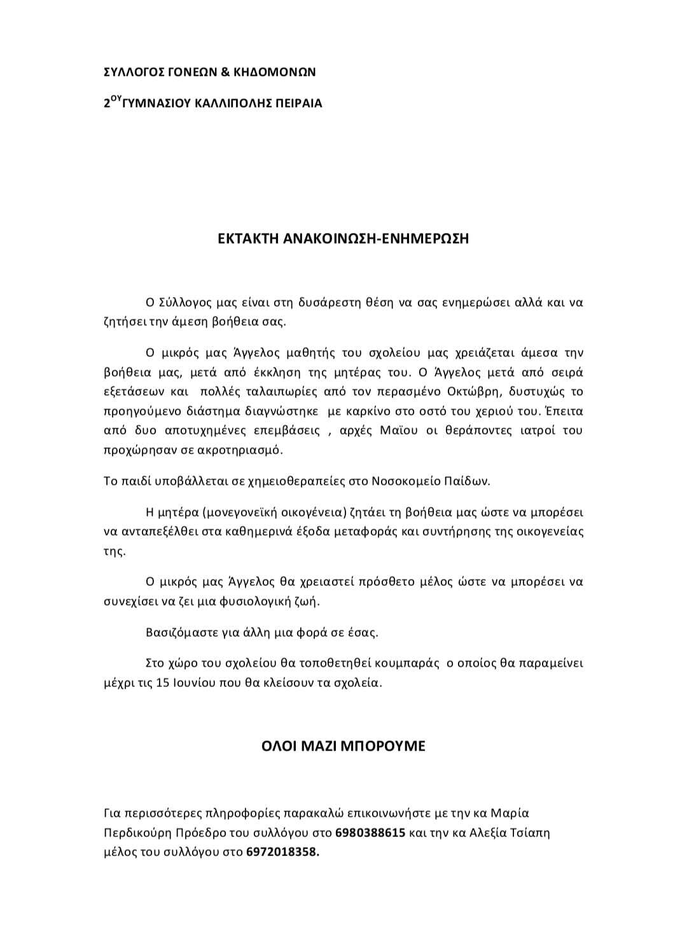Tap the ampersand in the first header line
(x=225, y=73)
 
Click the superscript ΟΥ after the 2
(x=115, y=99)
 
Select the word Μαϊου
(x=399, y=431)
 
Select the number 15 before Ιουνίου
(x=162, y=683)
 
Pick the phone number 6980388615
(x=370, y=833)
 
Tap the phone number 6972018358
(x=282, y=852)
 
